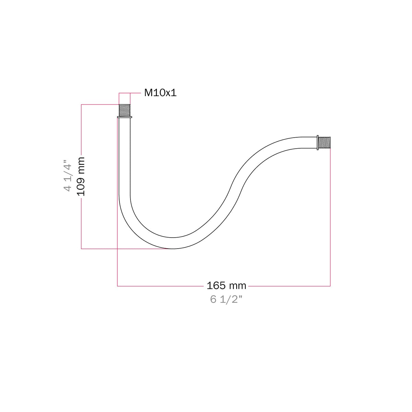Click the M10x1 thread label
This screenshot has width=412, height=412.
point(160,93)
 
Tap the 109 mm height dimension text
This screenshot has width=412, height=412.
point(81,176)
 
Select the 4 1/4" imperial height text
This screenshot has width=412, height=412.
point(67,175)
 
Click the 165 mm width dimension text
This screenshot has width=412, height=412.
point(226,286)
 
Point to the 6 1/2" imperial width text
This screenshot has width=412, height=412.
point(226,299)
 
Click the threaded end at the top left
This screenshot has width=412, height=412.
point(125,110)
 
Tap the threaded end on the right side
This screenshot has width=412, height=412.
point(324,142)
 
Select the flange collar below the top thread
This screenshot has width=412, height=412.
point(125,117)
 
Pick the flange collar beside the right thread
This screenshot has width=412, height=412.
point(318,142)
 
